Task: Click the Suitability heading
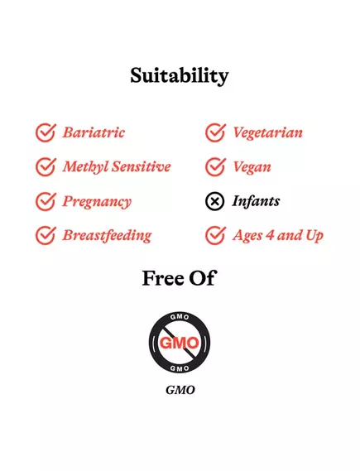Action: click(179, 75)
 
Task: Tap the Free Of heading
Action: click(179, 278)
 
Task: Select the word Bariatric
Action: click(94, 132)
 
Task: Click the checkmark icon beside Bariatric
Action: click(46, 132)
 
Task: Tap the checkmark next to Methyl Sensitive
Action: click(46, 166)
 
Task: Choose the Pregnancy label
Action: click(97, 201)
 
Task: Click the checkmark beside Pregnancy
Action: click(46, 201)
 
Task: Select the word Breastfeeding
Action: click(107, 235)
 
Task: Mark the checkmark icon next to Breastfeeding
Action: click(46, 235)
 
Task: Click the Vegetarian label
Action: click(267, 132)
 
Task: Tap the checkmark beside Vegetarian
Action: click(215, 132)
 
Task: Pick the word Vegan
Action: click(252, 166)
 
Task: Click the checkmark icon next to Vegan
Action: click(215, 166)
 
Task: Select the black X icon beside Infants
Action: click(215, 201)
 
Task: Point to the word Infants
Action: click(256, 201)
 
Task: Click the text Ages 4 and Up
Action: click(278, 235)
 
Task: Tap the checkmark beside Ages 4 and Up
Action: click(215, 235)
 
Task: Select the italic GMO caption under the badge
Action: click(180, 390)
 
